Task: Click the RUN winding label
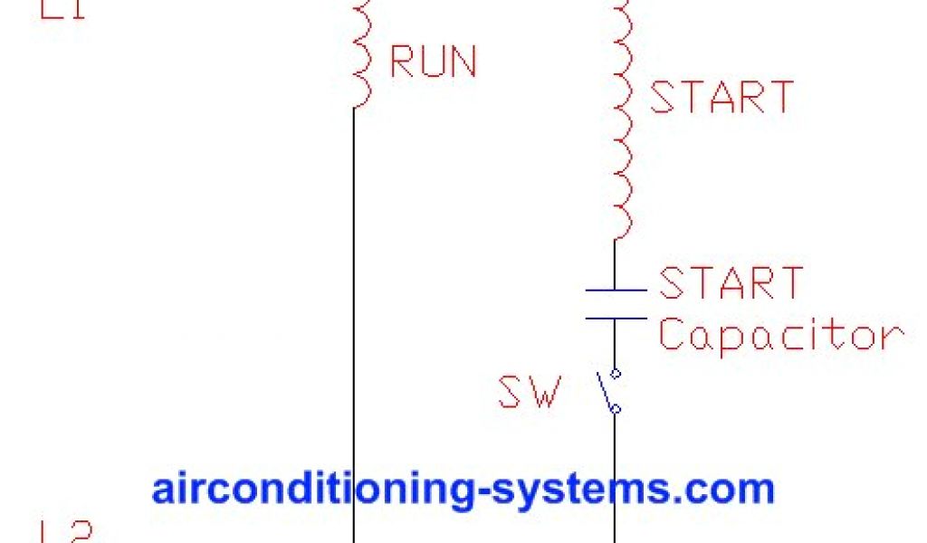tap(433, 62)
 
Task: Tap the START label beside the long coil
tap(722, 97)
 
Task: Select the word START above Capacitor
tap(731, 282)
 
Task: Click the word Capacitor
tap(780, 336)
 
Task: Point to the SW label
tap(529, 393)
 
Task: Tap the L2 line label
tap(65, 532)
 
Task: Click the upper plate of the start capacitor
tap(616, 291)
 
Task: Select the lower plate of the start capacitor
tap(616, 318)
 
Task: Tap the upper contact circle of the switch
tap(616, 373)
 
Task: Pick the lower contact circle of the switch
tap(616, 409)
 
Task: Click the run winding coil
tap(360, 54)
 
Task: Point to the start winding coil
tap(621, 118)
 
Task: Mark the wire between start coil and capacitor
tap(616, 264)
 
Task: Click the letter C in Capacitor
tap(672, 335)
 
